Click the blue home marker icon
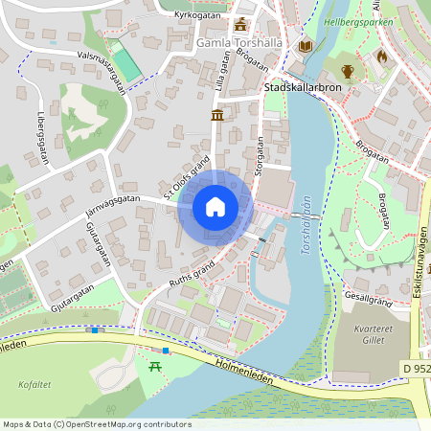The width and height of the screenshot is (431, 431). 215,207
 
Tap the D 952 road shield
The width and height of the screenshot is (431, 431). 415,368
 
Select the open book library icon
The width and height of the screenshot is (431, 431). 306,45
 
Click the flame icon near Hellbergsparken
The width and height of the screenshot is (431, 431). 381,57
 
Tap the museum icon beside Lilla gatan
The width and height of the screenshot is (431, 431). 217,116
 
